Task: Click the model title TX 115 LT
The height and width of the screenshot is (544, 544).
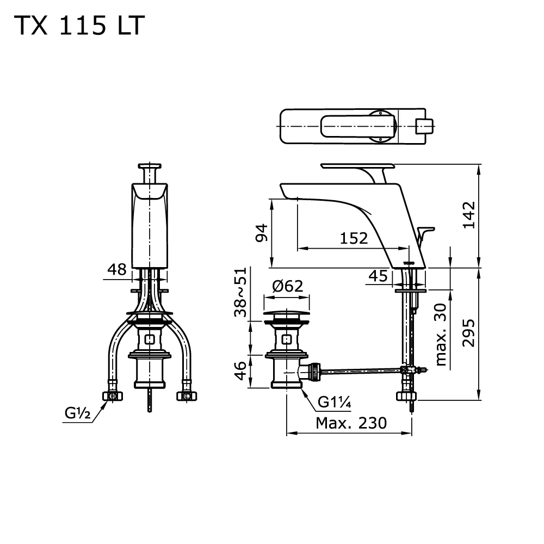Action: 80,26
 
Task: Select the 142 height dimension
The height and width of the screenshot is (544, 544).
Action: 469,215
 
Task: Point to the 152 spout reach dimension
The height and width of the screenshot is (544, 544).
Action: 354,238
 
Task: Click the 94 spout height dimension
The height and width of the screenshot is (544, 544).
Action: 262,233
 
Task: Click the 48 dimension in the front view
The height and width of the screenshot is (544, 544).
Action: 117,269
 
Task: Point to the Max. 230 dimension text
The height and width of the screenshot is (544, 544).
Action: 350,423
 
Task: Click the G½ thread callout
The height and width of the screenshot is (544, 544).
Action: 78,413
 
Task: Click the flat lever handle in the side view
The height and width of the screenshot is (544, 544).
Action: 357,165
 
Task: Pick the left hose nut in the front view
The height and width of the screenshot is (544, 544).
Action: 113,395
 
